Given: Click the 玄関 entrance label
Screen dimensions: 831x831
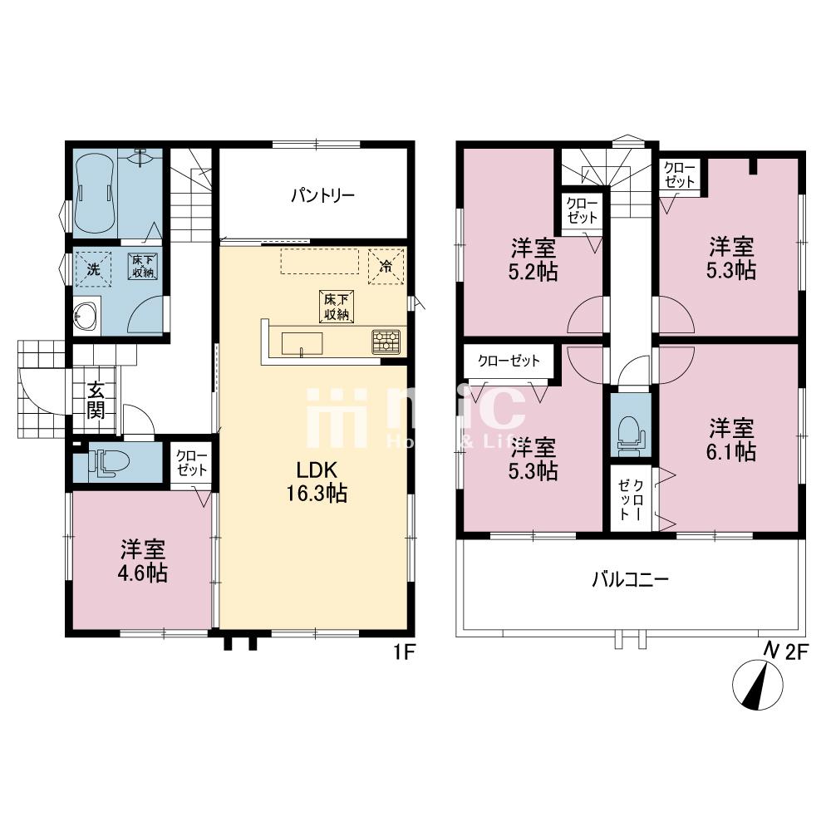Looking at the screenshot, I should (x=97, y=400).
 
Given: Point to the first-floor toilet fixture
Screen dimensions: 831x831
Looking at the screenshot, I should (x=104, y=462).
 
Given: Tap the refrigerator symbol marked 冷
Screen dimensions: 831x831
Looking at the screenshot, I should (x=386, y=267).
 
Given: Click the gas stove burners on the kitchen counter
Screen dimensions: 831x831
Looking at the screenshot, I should (x=386, y=341).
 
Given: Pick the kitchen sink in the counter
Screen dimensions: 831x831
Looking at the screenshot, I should (x=302, y=342).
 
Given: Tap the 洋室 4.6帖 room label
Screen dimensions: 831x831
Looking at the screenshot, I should (x=144, y=561).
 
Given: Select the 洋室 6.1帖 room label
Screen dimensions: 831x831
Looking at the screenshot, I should (x=731, y=440).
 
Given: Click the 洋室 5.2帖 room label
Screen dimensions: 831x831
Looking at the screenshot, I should (x=533, y=259).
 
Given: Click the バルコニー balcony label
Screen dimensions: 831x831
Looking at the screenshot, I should (x=630, y=579).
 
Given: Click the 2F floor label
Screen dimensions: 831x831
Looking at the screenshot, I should (x=796, y=652).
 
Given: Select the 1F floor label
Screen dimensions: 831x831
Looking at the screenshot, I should (x=404, y=653).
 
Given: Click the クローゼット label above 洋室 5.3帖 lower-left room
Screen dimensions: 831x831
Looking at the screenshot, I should (x=509, y=361).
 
